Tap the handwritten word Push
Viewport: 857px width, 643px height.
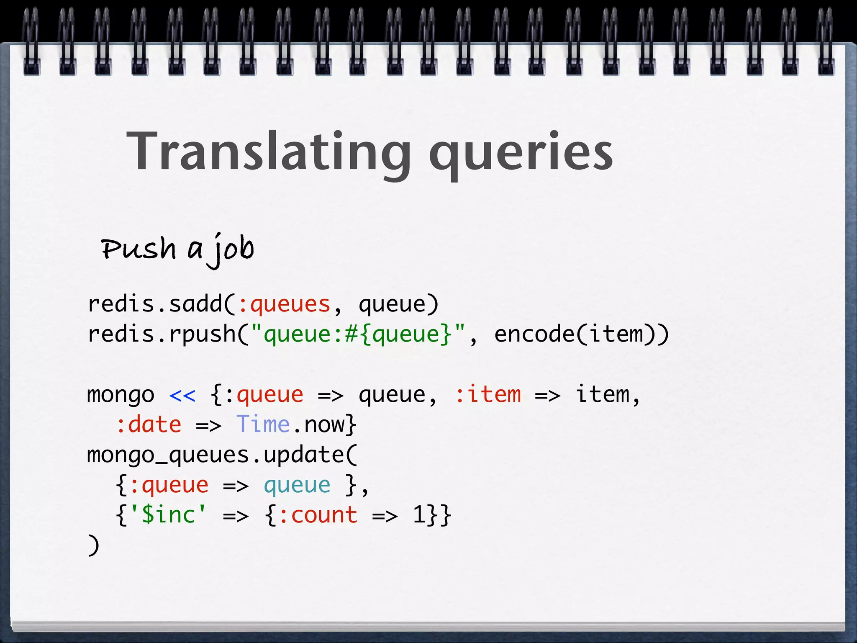pyautogui.click(x=139, y=248)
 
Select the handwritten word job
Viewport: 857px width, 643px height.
pyautogui.click(x=232, y=249)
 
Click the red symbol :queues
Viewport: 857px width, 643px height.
pyautogui.click(x=284, y=304)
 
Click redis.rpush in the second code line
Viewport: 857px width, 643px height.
pyautogui.click(x=161, y=334)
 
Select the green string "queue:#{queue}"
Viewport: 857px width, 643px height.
pyautogui.click(x=358, y=334)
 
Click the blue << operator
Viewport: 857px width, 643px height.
pyautogui.click(x=182, y=395)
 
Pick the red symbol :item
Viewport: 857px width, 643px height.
pyautogui.click(x=488, y=395)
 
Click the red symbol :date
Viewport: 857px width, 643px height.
pyautogui.click(x=149, y=425)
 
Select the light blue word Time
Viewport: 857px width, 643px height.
pyautogui.click(x=263, y=425)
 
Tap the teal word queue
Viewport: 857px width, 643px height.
pyautogui.click(x=297, y=486)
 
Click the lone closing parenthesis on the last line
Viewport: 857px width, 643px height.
pyautogui.click(x=94, y=545)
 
